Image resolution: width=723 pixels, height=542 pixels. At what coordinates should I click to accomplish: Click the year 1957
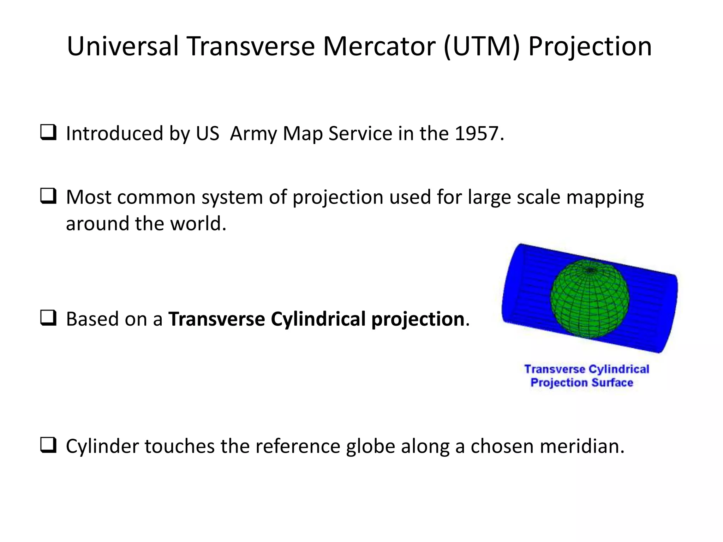coord(477,134)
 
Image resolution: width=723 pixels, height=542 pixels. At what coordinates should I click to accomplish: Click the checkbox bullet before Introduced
coord(48,133)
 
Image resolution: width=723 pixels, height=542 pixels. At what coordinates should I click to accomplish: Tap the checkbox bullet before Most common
coord(48,197)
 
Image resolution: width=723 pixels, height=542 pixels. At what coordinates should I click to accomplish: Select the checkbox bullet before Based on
coord(48,319)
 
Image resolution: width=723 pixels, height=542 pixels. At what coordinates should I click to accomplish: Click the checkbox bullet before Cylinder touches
coord(48,446)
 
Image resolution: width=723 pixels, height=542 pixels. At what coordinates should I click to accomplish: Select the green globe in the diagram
coord(590,300)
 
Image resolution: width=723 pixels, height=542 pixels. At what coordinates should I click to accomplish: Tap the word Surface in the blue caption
coord(612,383)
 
